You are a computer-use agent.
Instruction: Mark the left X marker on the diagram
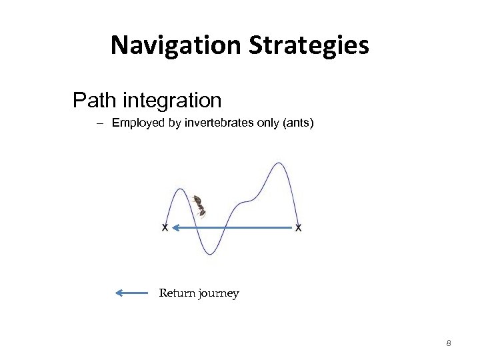[164, 228]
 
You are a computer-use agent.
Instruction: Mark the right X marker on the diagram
[298, 228]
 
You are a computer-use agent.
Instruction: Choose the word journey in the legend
[217, 294]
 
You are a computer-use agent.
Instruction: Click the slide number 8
[449, 343]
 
